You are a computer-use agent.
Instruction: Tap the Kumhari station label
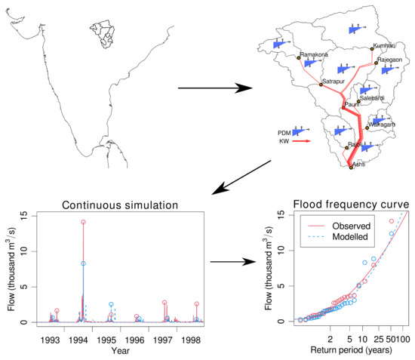(386, 47)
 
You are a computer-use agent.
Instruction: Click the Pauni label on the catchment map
(352, 103)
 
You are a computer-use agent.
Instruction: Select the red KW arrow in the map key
(300, 140)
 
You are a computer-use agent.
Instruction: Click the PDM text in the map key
(284, 131)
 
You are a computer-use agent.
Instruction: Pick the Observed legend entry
(349, 225)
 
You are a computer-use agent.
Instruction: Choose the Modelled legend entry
(349, 236)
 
